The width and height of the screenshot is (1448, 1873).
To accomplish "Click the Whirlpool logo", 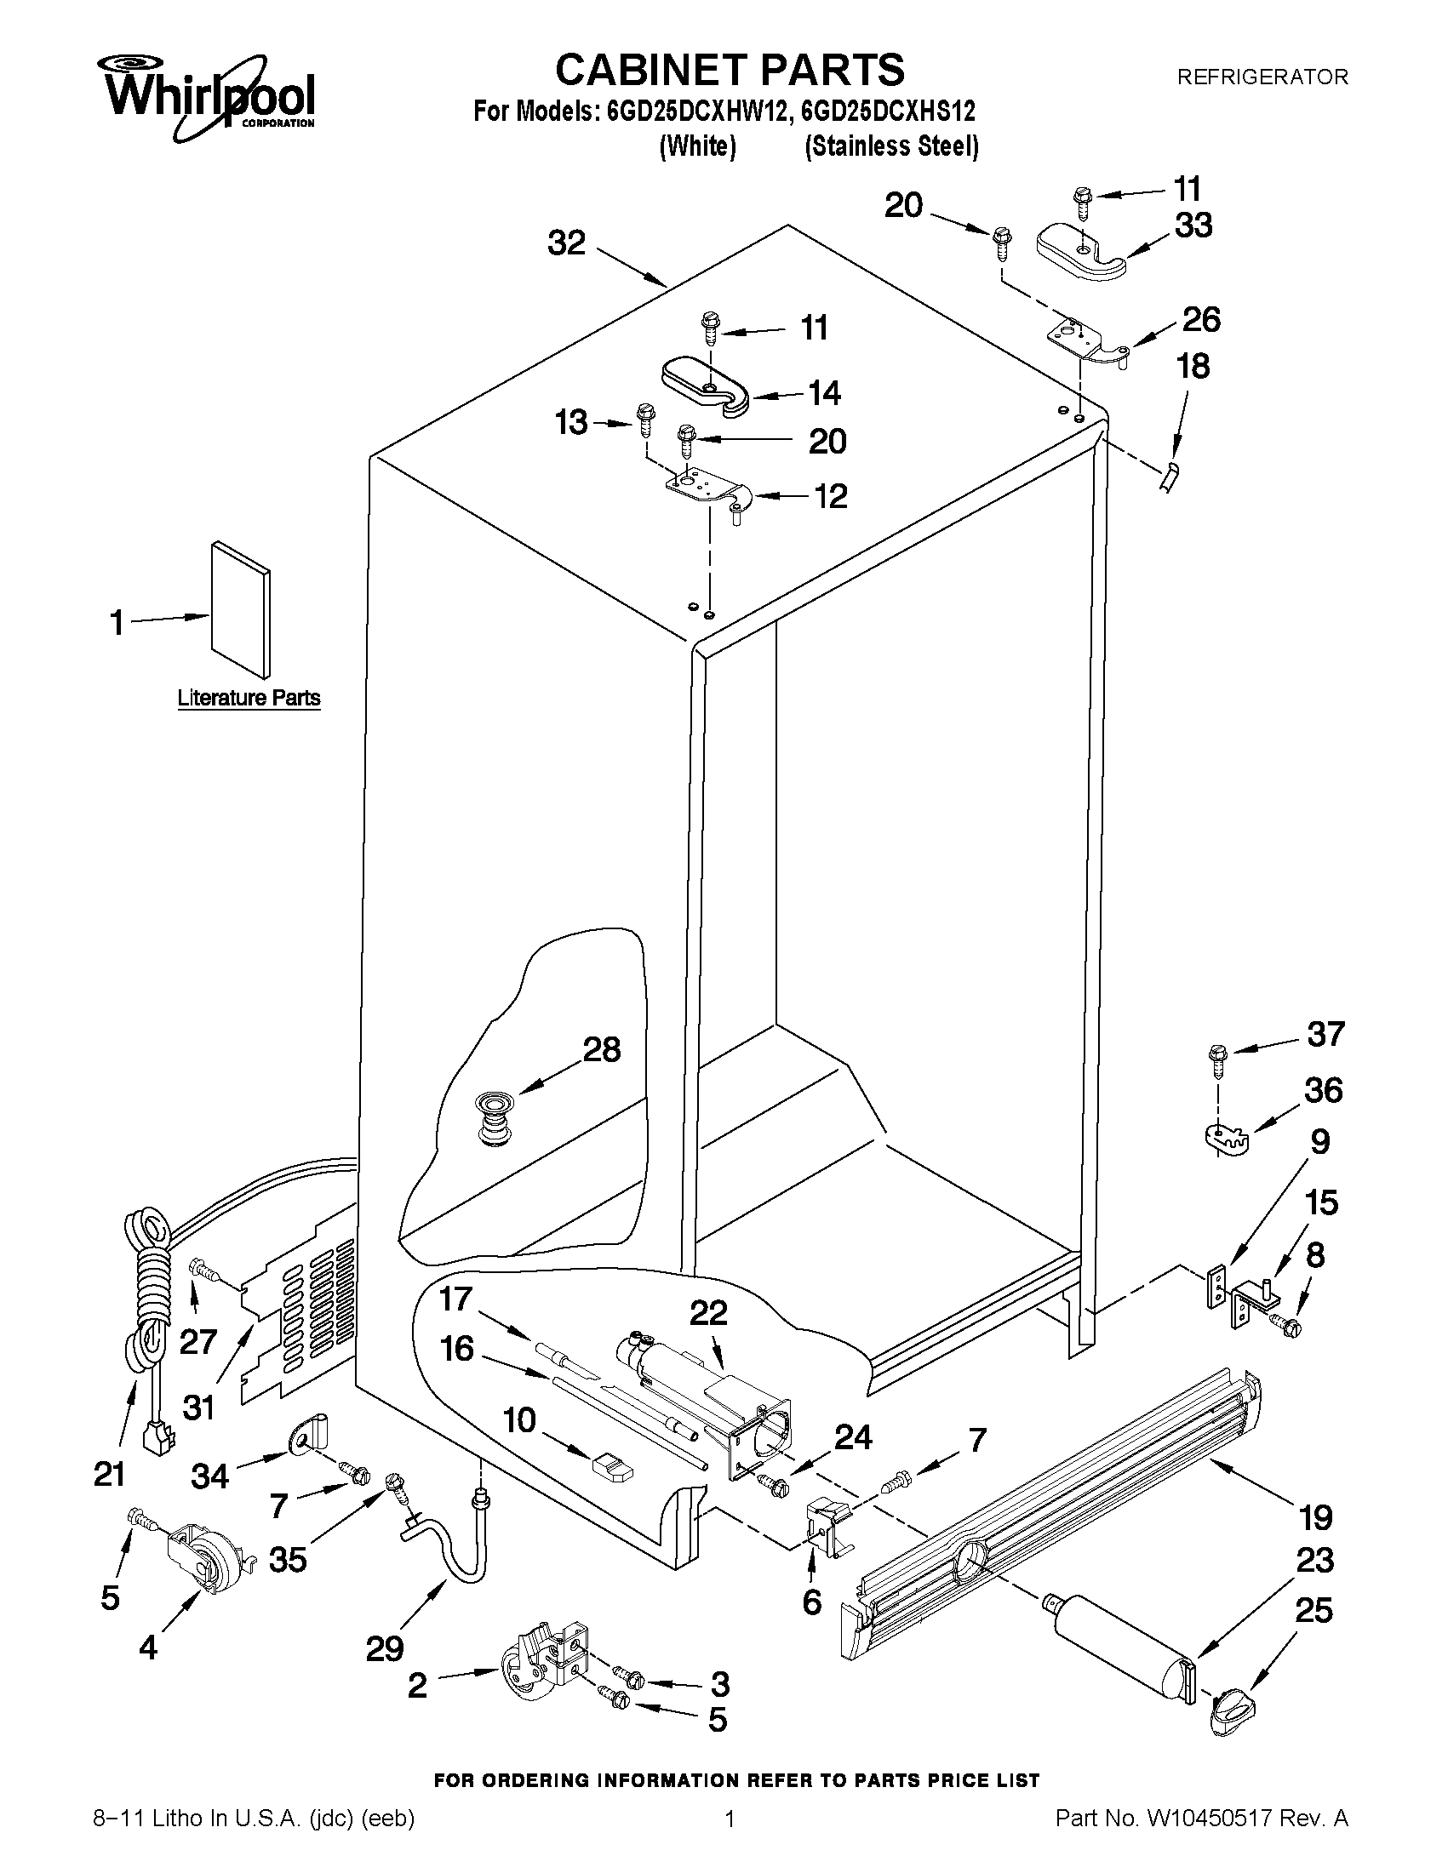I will tap(209, 96).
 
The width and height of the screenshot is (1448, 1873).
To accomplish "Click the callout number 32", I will tap(566, 243).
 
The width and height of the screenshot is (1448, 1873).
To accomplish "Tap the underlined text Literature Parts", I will tap(249, 698).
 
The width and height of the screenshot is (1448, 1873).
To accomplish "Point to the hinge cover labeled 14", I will tap(705, 387).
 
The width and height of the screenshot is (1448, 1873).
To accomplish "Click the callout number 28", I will tap(601, 1050).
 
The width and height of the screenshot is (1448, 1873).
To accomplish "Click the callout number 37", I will tap(1325, 1033).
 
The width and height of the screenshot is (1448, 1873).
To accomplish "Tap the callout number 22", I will tap(708, 1313).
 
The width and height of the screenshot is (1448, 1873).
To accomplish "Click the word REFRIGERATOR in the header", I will tap(1262, 77).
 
